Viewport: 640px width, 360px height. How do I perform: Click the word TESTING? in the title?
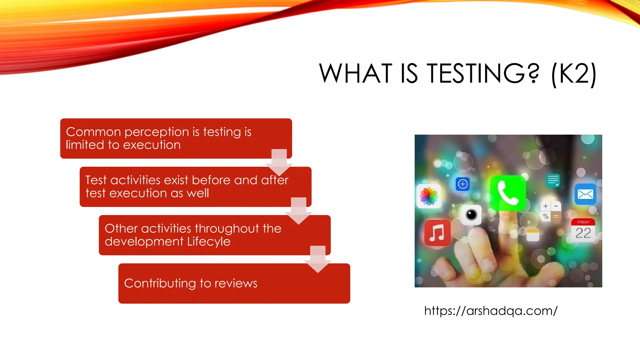(483, 74)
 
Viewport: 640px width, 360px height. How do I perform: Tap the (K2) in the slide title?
(574, 74)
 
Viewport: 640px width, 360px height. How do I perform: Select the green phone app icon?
(507, 193)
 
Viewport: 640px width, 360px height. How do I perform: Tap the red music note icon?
(437, 233)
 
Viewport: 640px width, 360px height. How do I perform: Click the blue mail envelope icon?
(585, 194)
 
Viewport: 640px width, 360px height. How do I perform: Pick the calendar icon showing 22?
(583, 230)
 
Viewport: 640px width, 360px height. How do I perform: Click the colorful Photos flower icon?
(429, 196)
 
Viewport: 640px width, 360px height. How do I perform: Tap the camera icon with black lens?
(471, 215)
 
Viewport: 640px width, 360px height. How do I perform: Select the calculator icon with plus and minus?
(551, 211)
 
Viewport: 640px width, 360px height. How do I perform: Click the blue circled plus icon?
(462, 184)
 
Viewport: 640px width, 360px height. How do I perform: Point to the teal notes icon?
(553, 180)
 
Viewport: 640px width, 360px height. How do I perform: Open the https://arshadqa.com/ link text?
(491, 311)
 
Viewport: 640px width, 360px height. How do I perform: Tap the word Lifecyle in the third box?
(209, 242)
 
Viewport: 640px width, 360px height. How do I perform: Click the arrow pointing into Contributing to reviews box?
(318, 259)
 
